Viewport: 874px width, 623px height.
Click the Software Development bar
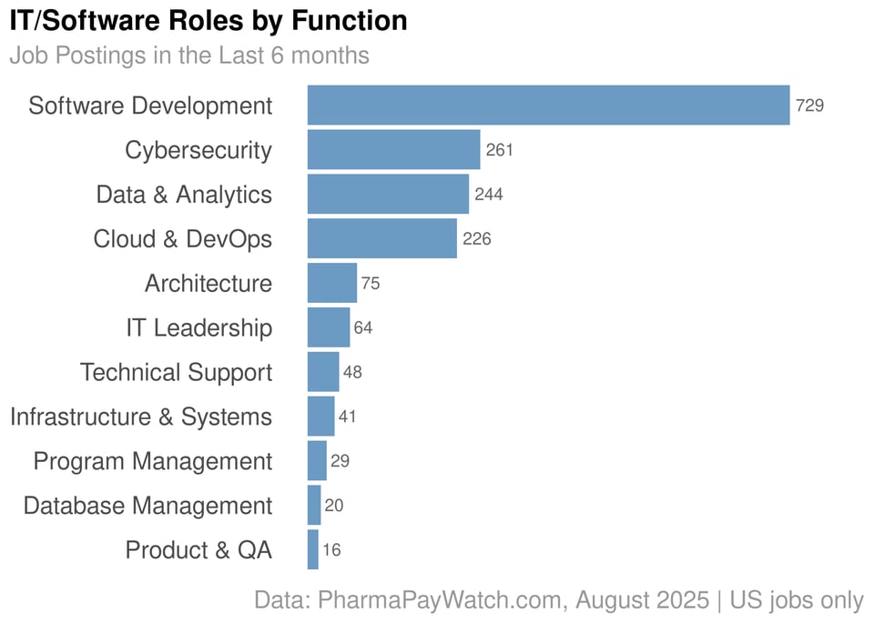548,105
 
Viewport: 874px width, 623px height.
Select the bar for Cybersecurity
393,149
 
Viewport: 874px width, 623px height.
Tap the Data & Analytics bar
388,194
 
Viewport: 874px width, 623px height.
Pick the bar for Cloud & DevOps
382,238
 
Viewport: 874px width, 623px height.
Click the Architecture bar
332,283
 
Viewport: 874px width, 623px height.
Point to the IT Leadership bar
329,327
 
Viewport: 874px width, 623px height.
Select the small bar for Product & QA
313,550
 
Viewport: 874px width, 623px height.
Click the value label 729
809,106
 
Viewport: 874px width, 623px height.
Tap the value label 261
500,150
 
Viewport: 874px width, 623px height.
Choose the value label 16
331,550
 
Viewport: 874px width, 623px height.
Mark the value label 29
340,461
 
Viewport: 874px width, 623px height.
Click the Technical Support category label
176,372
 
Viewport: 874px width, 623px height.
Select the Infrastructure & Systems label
141,417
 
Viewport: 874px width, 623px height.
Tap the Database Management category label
147,506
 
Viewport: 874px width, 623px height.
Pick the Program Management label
153,461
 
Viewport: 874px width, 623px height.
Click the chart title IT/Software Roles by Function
208,20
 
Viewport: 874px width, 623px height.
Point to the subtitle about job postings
189,55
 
